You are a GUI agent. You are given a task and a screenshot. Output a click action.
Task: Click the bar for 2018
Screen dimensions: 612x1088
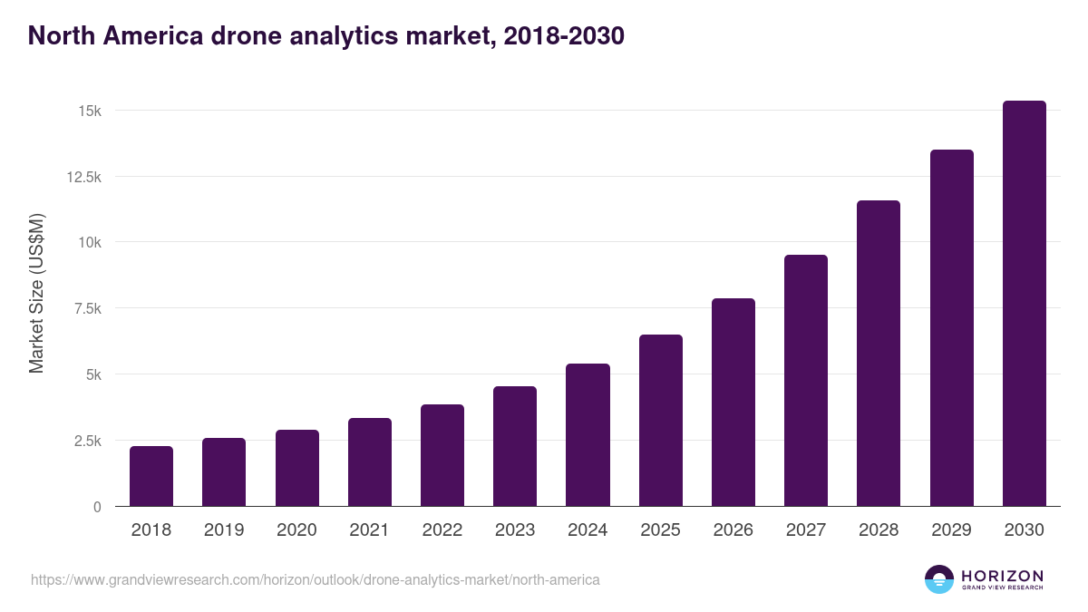(x=151, y=476)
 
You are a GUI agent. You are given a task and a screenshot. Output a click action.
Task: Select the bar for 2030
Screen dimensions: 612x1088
(x=1024, y=304)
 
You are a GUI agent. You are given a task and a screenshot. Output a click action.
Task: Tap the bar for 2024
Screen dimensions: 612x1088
(x=588, y=435)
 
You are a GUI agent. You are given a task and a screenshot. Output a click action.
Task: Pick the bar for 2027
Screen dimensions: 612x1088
(x=806, y=381)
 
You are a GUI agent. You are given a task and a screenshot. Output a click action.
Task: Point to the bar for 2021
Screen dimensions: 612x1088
(x=369, y=462)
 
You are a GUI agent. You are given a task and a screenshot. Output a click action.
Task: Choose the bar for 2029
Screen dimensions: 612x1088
(x=951, y=328)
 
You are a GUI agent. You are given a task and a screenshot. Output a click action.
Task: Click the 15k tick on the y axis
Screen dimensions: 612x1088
(x=89, y=111)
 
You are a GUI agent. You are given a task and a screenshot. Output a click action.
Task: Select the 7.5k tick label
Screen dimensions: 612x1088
(x=86, y=308)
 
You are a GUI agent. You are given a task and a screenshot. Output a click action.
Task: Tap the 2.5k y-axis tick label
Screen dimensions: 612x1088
(x=86, y=441)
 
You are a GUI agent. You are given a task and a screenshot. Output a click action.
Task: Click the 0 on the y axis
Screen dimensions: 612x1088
(x=96, y=507)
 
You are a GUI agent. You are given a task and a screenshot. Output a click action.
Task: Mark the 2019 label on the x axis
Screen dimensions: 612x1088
(x=223, y=530)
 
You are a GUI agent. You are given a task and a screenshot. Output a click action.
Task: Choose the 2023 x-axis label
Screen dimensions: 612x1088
(x=514, y=530)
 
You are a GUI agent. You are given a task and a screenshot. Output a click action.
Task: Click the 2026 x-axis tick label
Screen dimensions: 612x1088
(x=733, y=530)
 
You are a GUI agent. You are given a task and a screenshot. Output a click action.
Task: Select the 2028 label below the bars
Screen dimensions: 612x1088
(x=879, y=530)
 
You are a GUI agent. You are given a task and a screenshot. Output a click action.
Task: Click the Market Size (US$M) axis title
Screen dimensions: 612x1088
(x=36, y=293)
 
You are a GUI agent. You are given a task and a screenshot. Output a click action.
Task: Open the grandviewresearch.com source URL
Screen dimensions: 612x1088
(x=316, y=579)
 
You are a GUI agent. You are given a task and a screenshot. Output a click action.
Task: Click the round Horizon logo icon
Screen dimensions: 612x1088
(x=938, y=579)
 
